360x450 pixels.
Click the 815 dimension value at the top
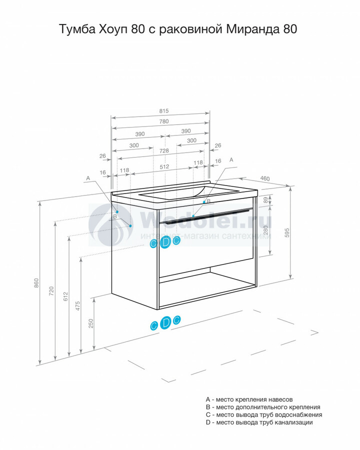tap(163, 111)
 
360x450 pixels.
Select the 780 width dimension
tap(163, 121)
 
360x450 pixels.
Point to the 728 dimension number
tap(164, 150)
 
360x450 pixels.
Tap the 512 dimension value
tap(164, 166)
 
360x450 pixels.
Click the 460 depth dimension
tap(264, 178)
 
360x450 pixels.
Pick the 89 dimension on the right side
tap(265, 199)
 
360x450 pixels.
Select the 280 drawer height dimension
tap(265, 230)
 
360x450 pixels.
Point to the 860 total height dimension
tap(36, 283)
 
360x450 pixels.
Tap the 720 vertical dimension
tap(51, 291)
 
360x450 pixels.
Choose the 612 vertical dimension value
tap(65, 296)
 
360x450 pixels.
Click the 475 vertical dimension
tap(78, 306)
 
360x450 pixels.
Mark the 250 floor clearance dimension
tap(91, 323)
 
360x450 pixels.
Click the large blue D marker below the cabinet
tap(165, 322)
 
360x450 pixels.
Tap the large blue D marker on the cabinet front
tap(165, 242)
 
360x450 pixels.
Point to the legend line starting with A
tap(249, 399)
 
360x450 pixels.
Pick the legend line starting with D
tap(259, 422)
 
